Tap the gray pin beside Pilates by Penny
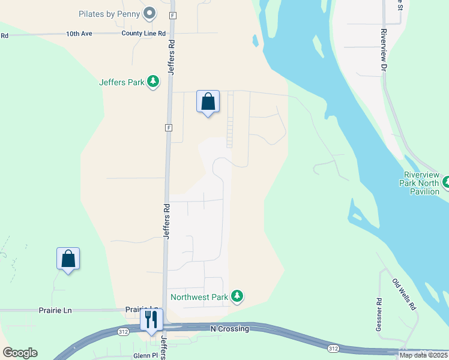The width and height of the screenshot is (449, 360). tap(150, 13)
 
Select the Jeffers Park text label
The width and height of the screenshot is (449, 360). tap(122, 82)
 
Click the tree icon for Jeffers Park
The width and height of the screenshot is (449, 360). tap(153, 82)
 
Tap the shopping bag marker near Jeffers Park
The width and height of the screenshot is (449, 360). tap(208, 102)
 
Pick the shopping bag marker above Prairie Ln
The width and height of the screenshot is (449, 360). tap(68, 259)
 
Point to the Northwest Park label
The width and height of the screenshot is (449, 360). tap(199, 296)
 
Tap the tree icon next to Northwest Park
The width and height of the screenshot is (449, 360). tap(238, 296)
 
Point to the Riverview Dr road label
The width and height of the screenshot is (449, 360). tap(382, 50)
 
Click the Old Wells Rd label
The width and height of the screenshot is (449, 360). tap(404, 294)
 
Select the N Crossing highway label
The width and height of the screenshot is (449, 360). tap(229, 328)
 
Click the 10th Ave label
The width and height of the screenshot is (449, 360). tap(79, 34)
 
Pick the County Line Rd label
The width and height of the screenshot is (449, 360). tap(143, 34)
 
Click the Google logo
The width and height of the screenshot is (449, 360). tap(20, 353)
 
